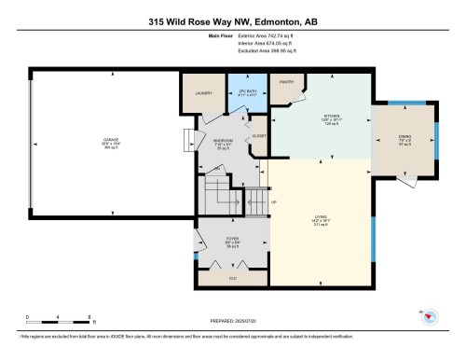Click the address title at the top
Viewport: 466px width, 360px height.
click(x=232, y=20)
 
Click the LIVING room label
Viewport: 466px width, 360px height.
click(x=321, y=221)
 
